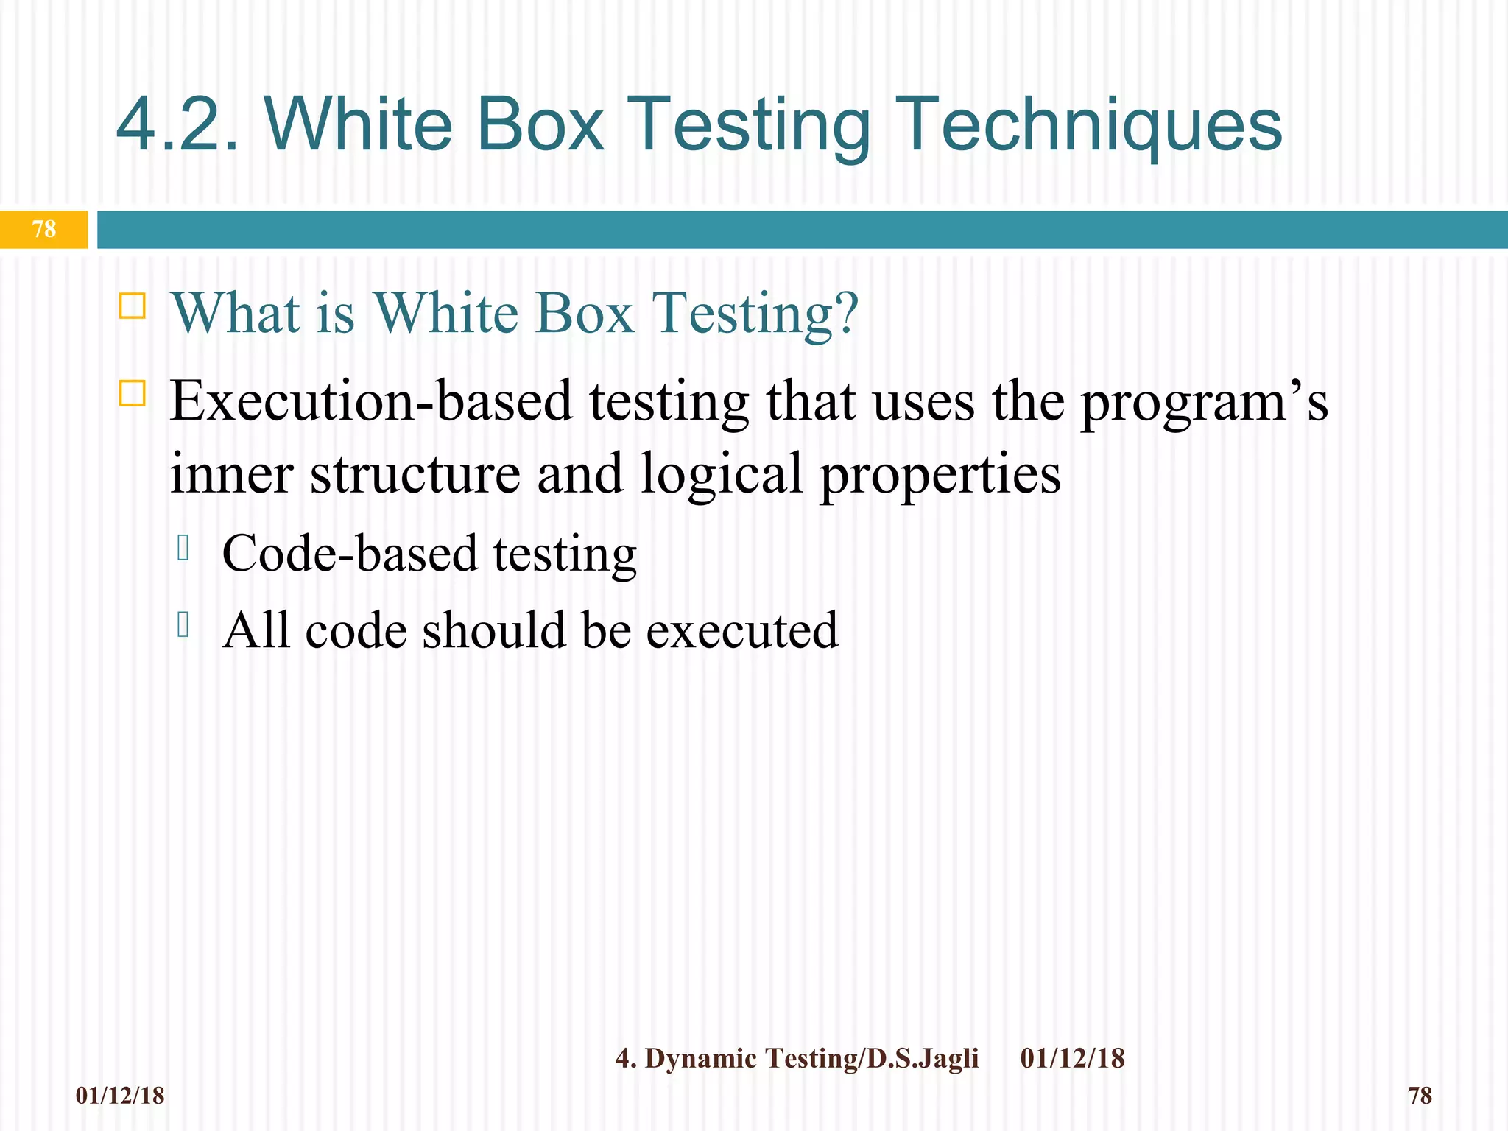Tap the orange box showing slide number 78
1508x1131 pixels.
44,229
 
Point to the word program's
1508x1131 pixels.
1204,404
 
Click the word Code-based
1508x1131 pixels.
349,554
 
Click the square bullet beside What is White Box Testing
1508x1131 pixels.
133,305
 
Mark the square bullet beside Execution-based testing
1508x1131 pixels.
133,393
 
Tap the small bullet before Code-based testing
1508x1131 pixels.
183,548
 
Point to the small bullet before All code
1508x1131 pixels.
183,624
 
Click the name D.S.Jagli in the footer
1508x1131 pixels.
923,1058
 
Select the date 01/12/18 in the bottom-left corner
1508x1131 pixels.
120,1096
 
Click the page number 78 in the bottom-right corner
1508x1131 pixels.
1420,1096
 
